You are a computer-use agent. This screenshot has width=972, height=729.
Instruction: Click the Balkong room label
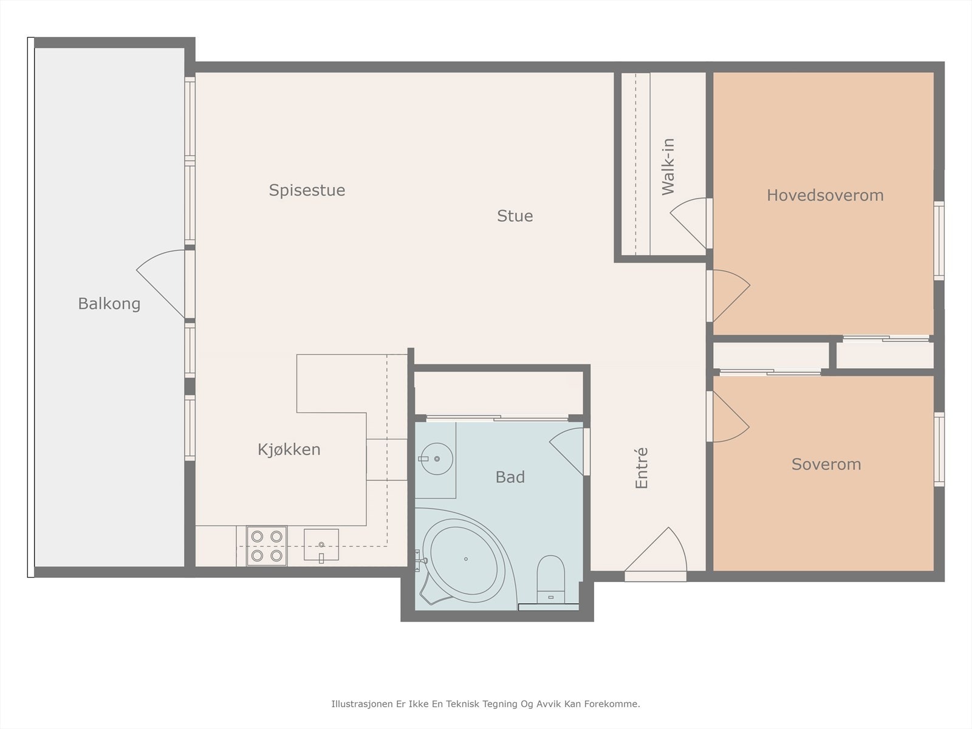[x=109, y=304]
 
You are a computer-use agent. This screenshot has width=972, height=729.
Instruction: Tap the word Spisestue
[x=307, y=190]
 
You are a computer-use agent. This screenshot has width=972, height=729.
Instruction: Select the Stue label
[x=515, y=216]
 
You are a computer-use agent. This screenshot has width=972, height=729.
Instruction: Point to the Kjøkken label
[x=289, y=450]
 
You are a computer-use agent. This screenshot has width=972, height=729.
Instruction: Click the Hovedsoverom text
[x=825, y=195]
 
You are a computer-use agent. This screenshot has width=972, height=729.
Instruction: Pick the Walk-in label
[x=668, y=167]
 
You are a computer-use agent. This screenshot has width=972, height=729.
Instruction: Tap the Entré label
[x=641, y=468]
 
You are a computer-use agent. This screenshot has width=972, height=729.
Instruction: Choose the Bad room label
[x=510, y=477]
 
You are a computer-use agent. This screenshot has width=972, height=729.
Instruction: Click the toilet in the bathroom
[x=550, y=579]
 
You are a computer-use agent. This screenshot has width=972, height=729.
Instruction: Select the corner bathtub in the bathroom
[x=465, y=559]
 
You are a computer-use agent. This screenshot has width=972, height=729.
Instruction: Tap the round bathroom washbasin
[x=437, y=459]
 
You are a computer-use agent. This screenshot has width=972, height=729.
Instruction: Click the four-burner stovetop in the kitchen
[x=267, y=546]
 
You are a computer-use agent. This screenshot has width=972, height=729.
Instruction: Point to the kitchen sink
[x=321, y=545]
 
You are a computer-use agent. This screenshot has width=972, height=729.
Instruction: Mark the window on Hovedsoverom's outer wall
[x=939, y=241]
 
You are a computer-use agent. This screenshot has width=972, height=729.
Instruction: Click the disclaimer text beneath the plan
[x=486, y=703]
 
